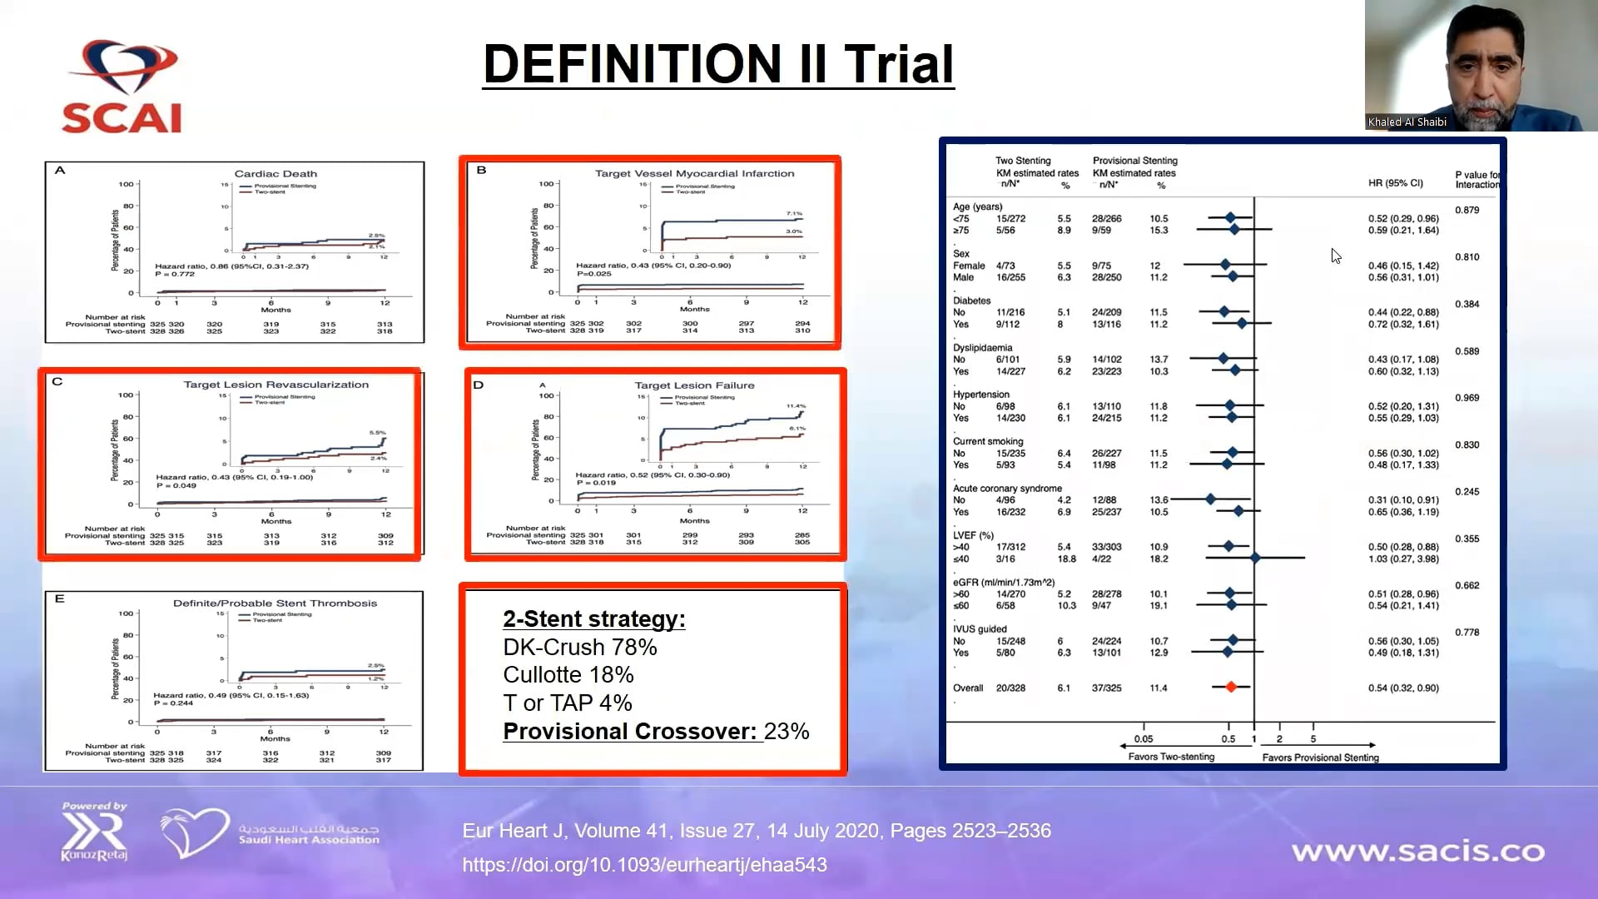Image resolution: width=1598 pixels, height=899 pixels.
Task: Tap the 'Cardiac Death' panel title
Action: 275,174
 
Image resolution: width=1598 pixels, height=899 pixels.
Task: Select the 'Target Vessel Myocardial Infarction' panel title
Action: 694,173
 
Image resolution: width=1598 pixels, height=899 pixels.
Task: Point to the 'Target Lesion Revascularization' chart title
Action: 275,385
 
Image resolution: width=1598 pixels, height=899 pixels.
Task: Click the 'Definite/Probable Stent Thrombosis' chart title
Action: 275,603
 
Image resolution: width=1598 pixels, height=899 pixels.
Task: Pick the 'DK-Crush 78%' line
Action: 580,648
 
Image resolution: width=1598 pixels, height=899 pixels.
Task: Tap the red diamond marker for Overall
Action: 1231,687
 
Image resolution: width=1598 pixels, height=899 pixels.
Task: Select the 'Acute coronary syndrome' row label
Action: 1007,489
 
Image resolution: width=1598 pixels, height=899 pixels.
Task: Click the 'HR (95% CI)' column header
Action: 1395,183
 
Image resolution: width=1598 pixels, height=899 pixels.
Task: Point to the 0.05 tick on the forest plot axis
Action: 1144,738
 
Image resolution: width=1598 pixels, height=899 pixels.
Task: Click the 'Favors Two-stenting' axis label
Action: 1171,757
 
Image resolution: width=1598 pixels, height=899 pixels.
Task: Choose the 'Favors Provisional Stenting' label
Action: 1320,757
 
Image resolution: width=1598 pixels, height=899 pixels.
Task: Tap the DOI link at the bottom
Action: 644,865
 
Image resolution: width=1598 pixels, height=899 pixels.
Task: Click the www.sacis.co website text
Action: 1417,852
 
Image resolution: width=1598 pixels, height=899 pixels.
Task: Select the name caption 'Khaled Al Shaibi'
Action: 1407,122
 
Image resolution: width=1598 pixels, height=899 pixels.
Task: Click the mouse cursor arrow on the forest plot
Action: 1335,256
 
